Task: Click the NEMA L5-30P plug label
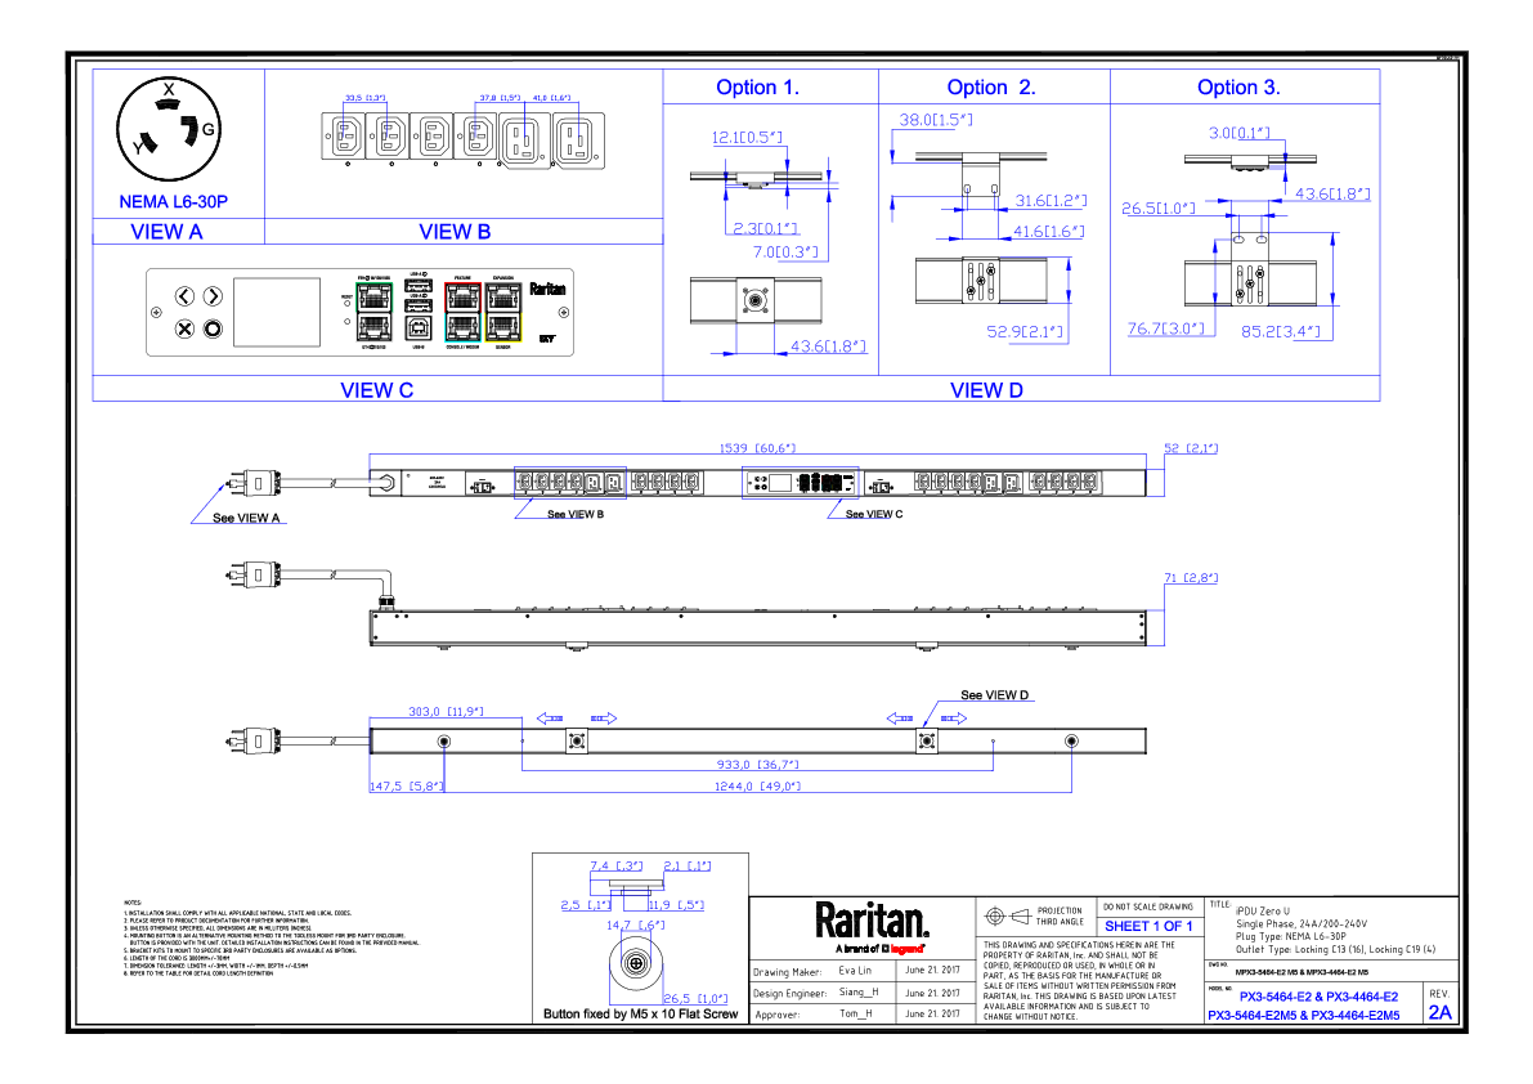coord(174,202)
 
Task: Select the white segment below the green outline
coord(374,342)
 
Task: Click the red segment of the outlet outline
coord(461,283)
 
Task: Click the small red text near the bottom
coord(907,948)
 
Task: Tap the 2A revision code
coord(1440,1013)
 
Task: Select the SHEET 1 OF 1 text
coord(1149,926)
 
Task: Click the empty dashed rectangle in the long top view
coord(570,482)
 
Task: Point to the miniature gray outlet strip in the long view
coord(800,482)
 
